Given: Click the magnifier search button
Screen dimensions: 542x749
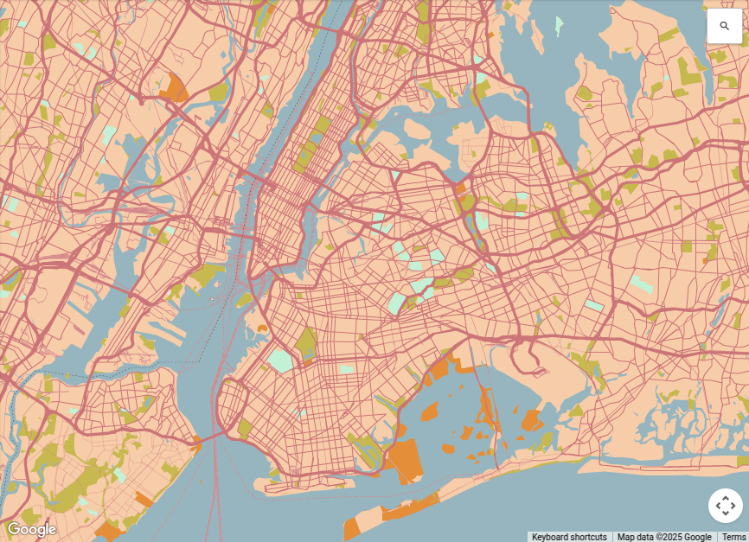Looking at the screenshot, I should click(724, 26).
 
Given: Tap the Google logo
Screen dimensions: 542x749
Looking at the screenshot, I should click(31, 529).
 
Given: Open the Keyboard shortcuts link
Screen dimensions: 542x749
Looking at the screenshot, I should click(569, 537).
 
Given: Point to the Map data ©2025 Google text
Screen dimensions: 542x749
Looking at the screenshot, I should click(664, 537).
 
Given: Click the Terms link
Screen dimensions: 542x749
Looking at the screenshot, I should click(733, 537).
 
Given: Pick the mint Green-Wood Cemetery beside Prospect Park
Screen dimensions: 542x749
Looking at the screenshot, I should click(280, 360).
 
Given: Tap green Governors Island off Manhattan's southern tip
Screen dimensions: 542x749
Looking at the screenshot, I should click(246, 300).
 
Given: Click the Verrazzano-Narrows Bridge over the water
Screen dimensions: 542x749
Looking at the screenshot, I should click(208, 438).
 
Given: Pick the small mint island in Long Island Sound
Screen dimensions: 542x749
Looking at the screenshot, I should click(559, 23).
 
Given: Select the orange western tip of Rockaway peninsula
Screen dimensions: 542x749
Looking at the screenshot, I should click(350, 529).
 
